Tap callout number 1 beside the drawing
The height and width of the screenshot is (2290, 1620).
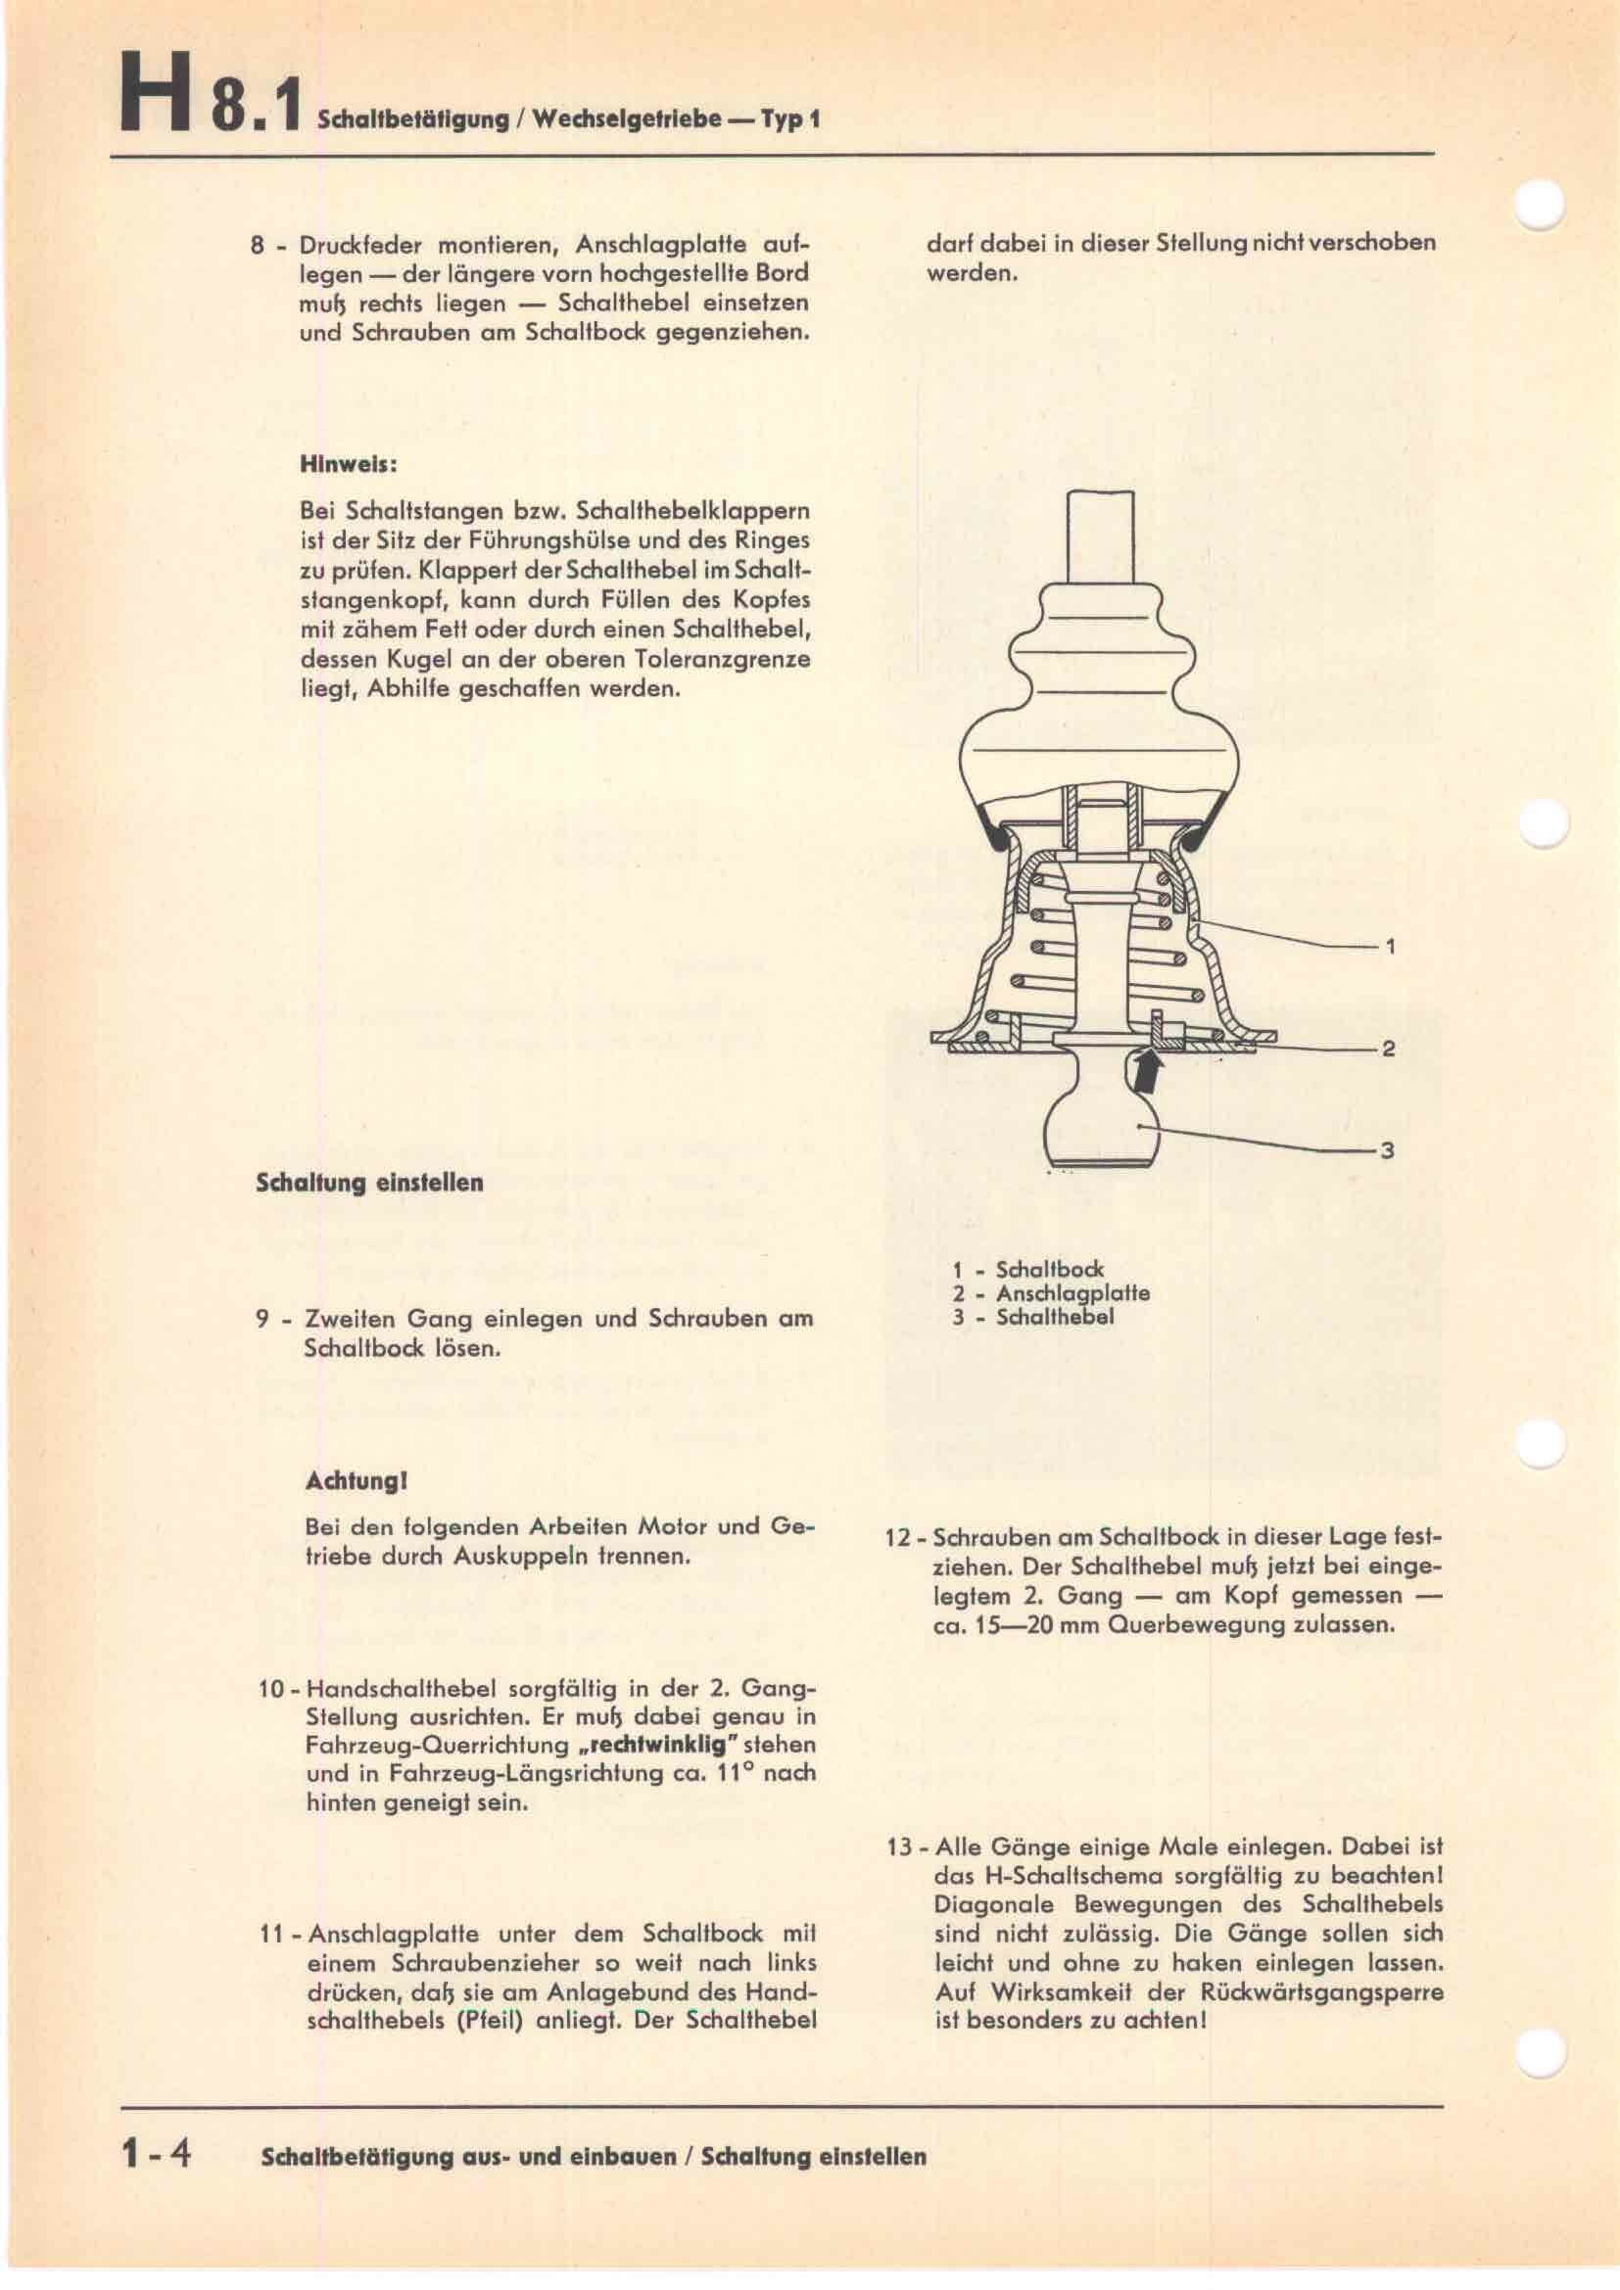point(1390,947)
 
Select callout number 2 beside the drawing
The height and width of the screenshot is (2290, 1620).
point(1388,1050)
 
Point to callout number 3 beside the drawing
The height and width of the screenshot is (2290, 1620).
point(1387,1151)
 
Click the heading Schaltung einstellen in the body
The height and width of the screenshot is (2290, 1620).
point(370,1183)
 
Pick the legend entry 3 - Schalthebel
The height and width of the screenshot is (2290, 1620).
point(1032,1317)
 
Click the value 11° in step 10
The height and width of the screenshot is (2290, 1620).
point(722,1773)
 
